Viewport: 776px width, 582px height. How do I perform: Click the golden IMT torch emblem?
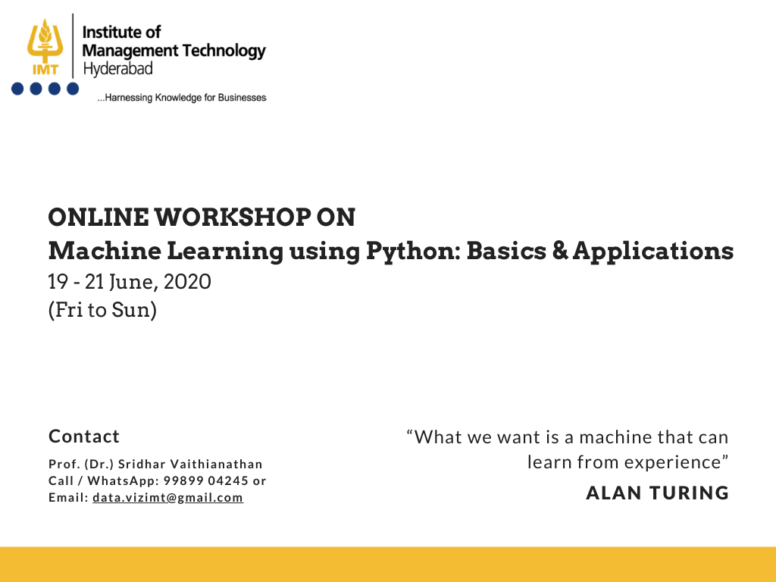click(45, 46)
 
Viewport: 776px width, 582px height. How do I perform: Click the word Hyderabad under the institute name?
click(117, 68)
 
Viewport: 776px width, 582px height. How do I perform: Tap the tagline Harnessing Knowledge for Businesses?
click(182, 98)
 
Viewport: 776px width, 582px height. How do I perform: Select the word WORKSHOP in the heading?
click(233, 217)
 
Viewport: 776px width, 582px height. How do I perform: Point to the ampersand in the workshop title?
click(560, 250)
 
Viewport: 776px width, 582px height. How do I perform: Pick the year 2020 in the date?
click(187, 282)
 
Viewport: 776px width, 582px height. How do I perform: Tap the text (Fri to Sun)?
click(102, 310)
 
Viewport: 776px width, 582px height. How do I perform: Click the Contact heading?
click(84, 436)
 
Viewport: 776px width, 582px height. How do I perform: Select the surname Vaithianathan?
click(216, 465)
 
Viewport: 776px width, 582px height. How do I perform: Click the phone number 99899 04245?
click(206, 481)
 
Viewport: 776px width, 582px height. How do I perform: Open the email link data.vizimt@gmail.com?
click(167, 497)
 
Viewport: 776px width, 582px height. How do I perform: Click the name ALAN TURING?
click(657, 493)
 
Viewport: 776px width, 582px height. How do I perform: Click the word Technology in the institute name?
click(224, 51)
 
